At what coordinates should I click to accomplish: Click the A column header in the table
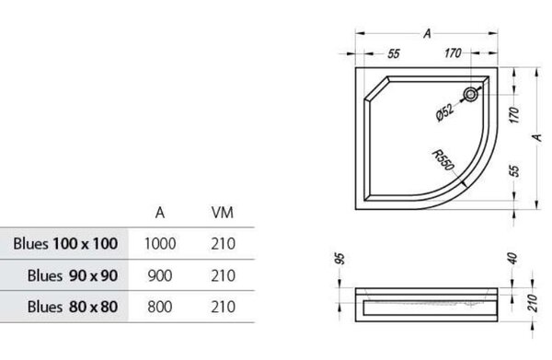click(x=160, y=213)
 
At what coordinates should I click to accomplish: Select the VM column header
click(x=222, y=213)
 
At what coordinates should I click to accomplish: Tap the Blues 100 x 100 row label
click(x=65, y=243)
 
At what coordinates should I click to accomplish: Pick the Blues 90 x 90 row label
click(x=73, y=275)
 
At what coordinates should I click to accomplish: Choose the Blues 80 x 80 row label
click(x=73, y=307)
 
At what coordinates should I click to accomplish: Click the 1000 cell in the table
click(x=160, y=244)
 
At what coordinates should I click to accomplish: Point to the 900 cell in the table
click(x=160, y=275)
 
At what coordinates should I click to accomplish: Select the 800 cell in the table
click(x=160, y=307)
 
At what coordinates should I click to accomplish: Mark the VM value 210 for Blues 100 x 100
click(x=224, y=244)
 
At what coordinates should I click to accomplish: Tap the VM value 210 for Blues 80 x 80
click(x=224, y=307)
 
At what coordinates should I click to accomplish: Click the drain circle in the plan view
click(x=471, y=95)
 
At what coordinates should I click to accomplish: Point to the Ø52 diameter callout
click(x=445, y=112)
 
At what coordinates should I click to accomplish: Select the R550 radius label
click(x=443, y=160)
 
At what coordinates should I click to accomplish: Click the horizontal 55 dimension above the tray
click(x=394, y=53)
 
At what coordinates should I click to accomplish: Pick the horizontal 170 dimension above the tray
click(x=453, y=53)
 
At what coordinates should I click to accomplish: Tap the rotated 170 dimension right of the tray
click(x=514, y=115)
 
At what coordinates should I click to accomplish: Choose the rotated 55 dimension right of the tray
click(x=514, y=171)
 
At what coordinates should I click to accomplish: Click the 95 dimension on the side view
click(x=339, y=259)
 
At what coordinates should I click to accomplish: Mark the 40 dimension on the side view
click(x=513, y=258)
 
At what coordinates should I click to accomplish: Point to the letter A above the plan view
click(x=427, y=33)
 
